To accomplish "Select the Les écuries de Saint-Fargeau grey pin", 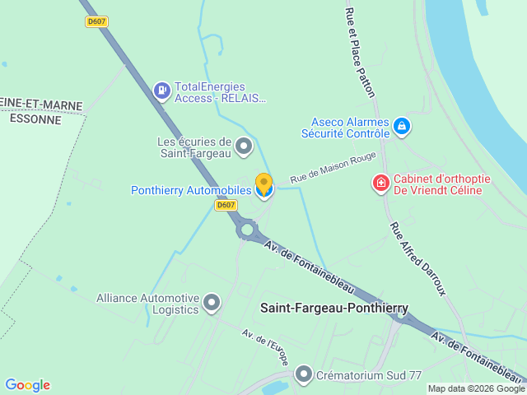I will [243, 146].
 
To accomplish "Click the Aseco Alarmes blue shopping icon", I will [402, 127].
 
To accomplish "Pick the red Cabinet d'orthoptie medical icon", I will [380, 183].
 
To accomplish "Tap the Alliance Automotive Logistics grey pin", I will [212, 303].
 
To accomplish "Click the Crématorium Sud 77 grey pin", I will [304, 374].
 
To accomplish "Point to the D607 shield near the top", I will [96, 21].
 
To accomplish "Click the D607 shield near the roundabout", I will [226, 205].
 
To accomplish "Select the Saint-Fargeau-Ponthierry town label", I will [333, 309].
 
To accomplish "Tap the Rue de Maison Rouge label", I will [333, 168].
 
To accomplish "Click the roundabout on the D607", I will [247, 230].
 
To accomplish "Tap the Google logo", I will [27, 385].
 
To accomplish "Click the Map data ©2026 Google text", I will [475, 388].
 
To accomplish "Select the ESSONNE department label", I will [35, 118].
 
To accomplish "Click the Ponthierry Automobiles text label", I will [191, 191].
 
